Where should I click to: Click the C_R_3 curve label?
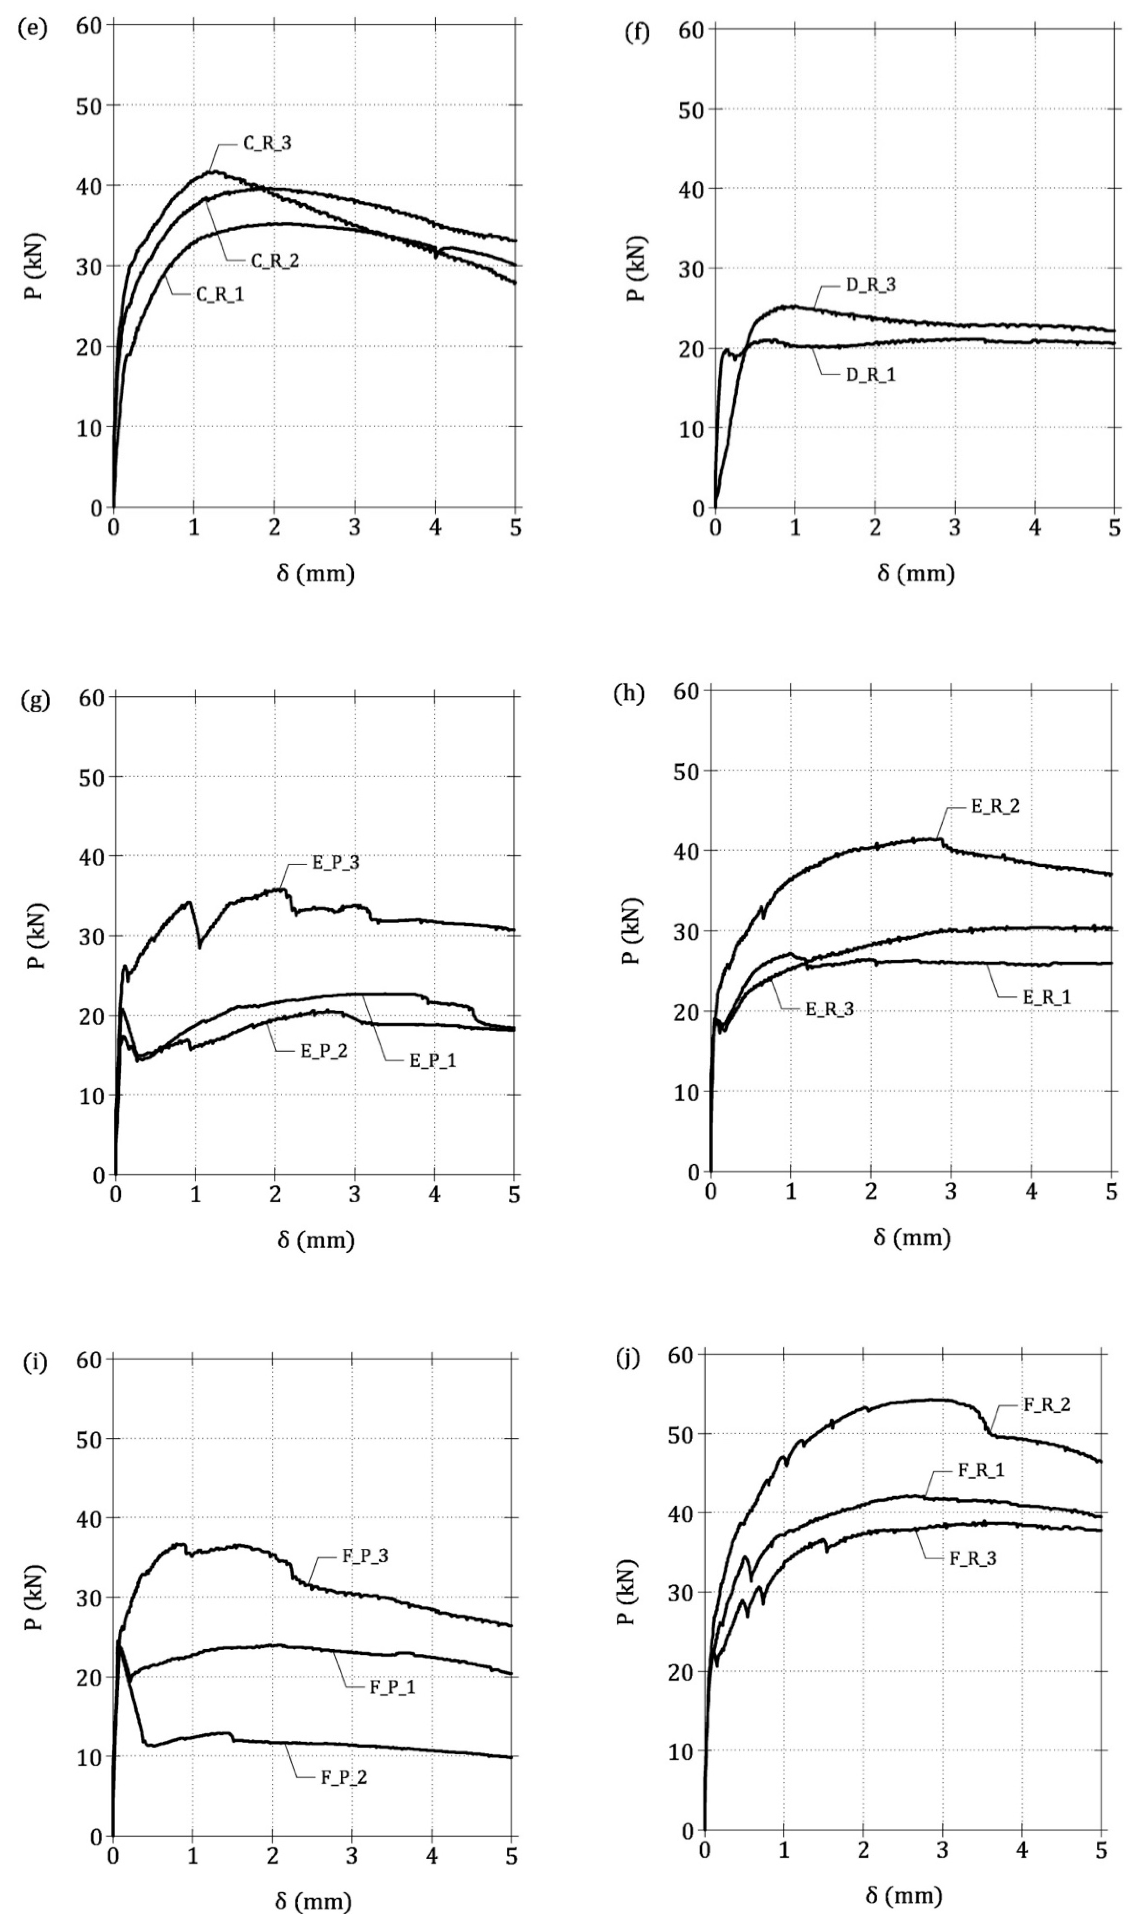tap(267, 143)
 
